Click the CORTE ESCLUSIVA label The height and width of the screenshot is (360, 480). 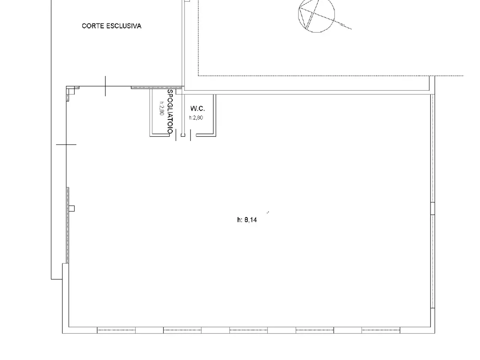click(x=111, y=26)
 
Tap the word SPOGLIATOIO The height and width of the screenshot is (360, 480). click(x=170, y=111)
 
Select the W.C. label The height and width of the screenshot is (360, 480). click(x=198, y=108)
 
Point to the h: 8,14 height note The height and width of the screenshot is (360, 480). click(x=247, y=220)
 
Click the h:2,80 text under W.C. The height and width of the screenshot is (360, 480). click(x=196, y=118)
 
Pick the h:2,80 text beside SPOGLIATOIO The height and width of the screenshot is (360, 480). click(x=162, y=108)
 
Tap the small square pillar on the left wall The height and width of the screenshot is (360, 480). click(x=72, y=208)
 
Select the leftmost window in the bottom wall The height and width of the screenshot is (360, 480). click(x=116, y=330)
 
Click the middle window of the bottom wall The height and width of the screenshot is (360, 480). click(x=248, y=330)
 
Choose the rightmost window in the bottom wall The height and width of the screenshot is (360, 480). click(x=381, y=330)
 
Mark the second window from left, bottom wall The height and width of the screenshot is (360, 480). click(x=182, y=330)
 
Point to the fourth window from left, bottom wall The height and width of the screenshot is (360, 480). click(x=315, y=330)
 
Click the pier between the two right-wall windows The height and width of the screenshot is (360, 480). click(x=432, y=208)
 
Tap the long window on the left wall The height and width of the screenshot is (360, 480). click(x=67, y=225)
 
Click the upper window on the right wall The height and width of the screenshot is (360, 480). click(x=432, y=148)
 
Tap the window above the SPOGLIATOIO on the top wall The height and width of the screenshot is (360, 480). click(x=156, y=87)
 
